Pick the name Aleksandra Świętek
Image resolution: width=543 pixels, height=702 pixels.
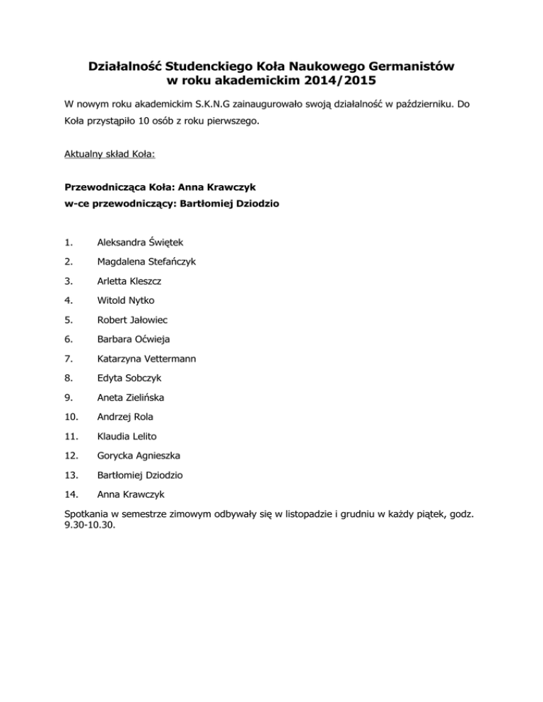[141, 242]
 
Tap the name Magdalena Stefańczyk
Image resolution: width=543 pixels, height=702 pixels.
[147, 261]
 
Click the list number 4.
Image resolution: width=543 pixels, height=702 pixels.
[68, 300]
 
